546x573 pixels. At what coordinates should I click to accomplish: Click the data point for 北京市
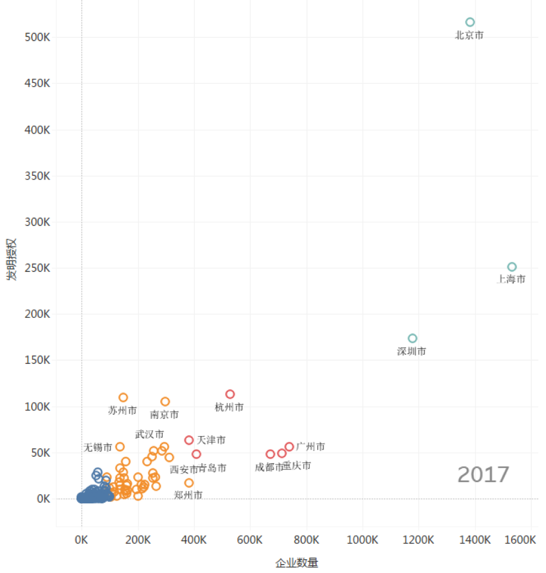470,22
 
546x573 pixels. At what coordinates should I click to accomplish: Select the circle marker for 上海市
512,267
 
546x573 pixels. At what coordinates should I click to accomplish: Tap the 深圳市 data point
412,339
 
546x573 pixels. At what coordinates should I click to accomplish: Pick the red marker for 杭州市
230,394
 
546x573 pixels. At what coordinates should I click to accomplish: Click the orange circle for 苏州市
123,398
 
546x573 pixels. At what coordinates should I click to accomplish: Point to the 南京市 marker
165,402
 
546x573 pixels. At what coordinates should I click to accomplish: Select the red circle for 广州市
289,447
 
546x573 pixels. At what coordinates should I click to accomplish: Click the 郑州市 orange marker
189,483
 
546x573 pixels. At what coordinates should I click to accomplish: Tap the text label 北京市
469,35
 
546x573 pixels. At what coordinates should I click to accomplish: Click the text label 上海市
511,279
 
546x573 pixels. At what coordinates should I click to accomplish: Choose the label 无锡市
98,447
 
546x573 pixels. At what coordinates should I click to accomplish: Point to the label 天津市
211,440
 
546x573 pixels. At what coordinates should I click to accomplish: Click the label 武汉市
150,434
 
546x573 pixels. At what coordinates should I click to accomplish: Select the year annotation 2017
483,475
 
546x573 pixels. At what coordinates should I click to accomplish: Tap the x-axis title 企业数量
297,563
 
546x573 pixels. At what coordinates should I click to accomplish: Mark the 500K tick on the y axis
37,37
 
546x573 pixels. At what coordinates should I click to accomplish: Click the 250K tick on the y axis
37,268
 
